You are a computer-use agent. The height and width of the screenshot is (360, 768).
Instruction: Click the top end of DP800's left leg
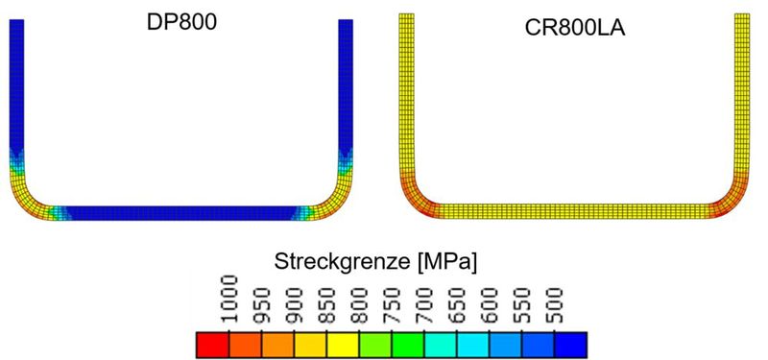coord(16,23)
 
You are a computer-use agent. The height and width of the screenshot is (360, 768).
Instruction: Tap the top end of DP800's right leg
coord(347,23)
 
